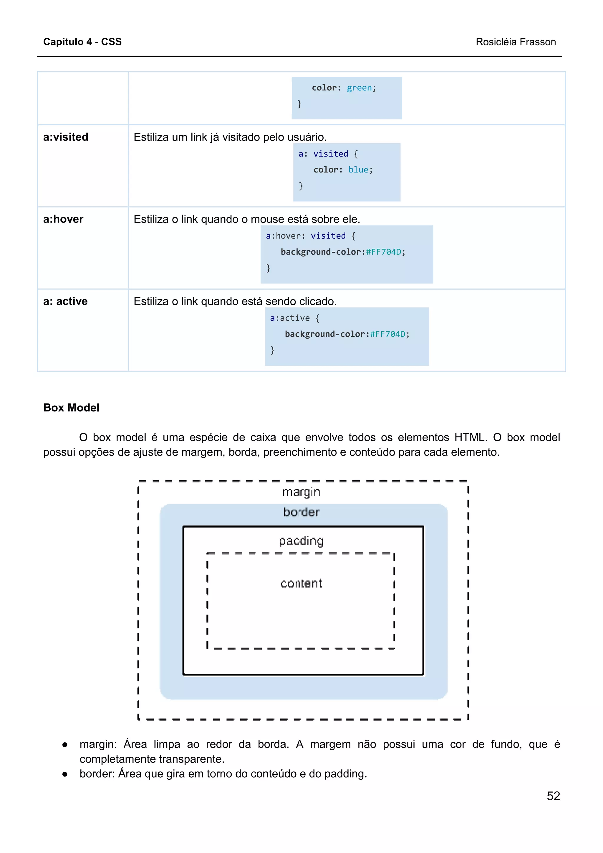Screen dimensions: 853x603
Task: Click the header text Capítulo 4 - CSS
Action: pos(82,42)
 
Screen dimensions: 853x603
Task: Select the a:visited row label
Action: pos(66,137)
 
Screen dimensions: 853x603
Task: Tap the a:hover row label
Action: pos(63,219)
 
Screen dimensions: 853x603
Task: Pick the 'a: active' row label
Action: pos(65,301)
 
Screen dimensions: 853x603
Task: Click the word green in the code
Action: pos(359,88)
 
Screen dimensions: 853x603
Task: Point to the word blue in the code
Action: pos(358,170)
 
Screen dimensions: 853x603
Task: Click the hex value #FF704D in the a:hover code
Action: pos(383,252)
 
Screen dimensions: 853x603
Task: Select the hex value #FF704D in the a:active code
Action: pos(387,334)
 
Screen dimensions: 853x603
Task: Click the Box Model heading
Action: pos(71,408)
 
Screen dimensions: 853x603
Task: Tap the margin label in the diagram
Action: pos(301,492)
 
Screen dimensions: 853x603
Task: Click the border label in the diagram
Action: pos(301,512)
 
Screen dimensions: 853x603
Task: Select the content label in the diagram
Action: pos(301,583)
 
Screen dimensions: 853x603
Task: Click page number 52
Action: pos(553,796)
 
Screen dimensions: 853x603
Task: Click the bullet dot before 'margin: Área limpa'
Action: pos(65,745)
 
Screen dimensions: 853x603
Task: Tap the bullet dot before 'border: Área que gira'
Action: pos(65,774)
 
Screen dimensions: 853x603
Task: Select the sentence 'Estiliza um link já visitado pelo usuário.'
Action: pos(230,137)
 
